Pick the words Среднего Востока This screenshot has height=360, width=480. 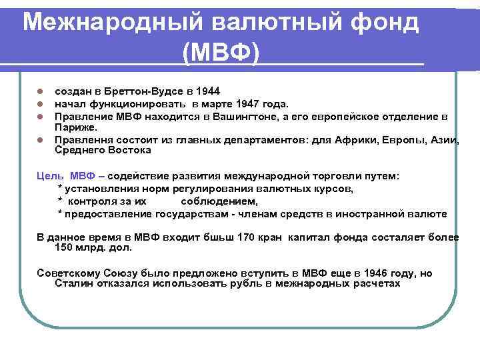pos(103,151)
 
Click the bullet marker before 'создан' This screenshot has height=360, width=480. pos(40,91)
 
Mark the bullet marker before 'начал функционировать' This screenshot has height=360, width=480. pos(40,104)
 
